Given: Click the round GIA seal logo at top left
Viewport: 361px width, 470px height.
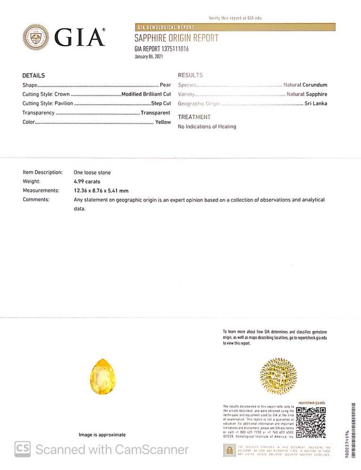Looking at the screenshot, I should (x=36, y=38).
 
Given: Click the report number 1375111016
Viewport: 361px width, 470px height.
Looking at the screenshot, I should (x=172, y=48).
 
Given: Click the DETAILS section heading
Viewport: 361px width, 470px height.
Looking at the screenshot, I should (x=33, y=76).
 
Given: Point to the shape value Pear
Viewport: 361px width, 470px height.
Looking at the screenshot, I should (x=165, y=85).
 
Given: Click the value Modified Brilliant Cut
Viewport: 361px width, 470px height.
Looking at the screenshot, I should (x=146, y=94).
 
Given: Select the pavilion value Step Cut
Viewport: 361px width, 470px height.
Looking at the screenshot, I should (x=160, y=103).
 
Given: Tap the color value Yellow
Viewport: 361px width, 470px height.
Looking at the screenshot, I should (x=163, y=122).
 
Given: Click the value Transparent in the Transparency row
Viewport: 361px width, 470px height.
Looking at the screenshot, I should (x=155, y=113).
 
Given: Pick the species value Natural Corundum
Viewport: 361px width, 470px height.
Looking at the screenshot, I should (x=305, y=85).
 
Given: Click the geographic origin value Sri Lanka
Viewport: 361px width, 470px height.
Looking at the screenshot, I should (x=316, y=103).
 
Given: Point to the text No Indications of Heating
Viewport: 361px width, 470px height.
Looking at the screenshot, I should (x=207, y=126).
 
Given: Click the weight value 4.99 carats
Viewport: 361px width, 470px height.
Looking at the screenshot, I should (x=87, y=181).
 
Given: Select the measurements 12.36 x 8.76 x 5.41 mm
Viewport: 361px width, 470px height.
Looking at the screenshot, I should (x=101, y=191).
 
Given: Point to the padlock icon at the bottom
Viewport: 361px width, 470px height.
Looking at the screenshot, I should (x=229, y=450).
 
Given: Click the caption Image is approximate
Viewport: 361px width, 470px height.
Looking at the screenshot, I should (x=102, y=435).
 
